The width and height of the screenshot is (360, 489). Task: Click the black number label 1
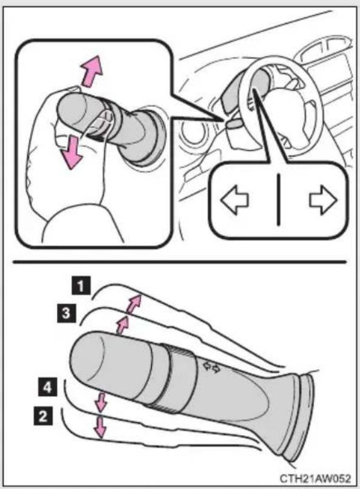click(x=81, y=285)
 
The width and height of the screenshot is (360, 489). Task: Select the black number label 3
click(x=66, y=313)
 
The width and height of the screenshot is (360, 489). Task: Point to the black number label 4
click(x=47, y=387)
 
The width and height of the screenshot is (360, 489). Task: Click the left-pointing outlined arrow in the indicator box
click(x=234, y=200)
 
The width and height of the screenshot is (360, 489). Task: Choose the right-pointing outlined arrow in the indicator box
click(x=323, y=200)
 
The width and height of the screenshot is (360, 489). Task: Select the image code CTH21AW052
click(x=315, y=479)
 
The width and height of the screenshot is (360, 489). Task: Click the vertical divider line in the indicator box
click(x=278, y=200)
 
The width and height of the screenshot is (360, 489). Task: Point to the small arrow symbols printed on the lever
click(x=211, y=368)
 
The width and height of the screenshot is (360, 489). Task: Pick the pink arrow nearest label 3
click(x=122, y=325)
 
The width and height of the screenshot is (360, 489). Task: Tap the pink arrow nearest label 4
click(x=101, y=402)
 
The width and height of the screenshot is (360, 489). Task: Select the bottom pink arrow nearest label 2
click(x=100, y=427)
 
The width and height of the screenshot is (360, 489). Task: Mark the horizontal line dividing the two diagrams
click(x=179, y=262)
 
